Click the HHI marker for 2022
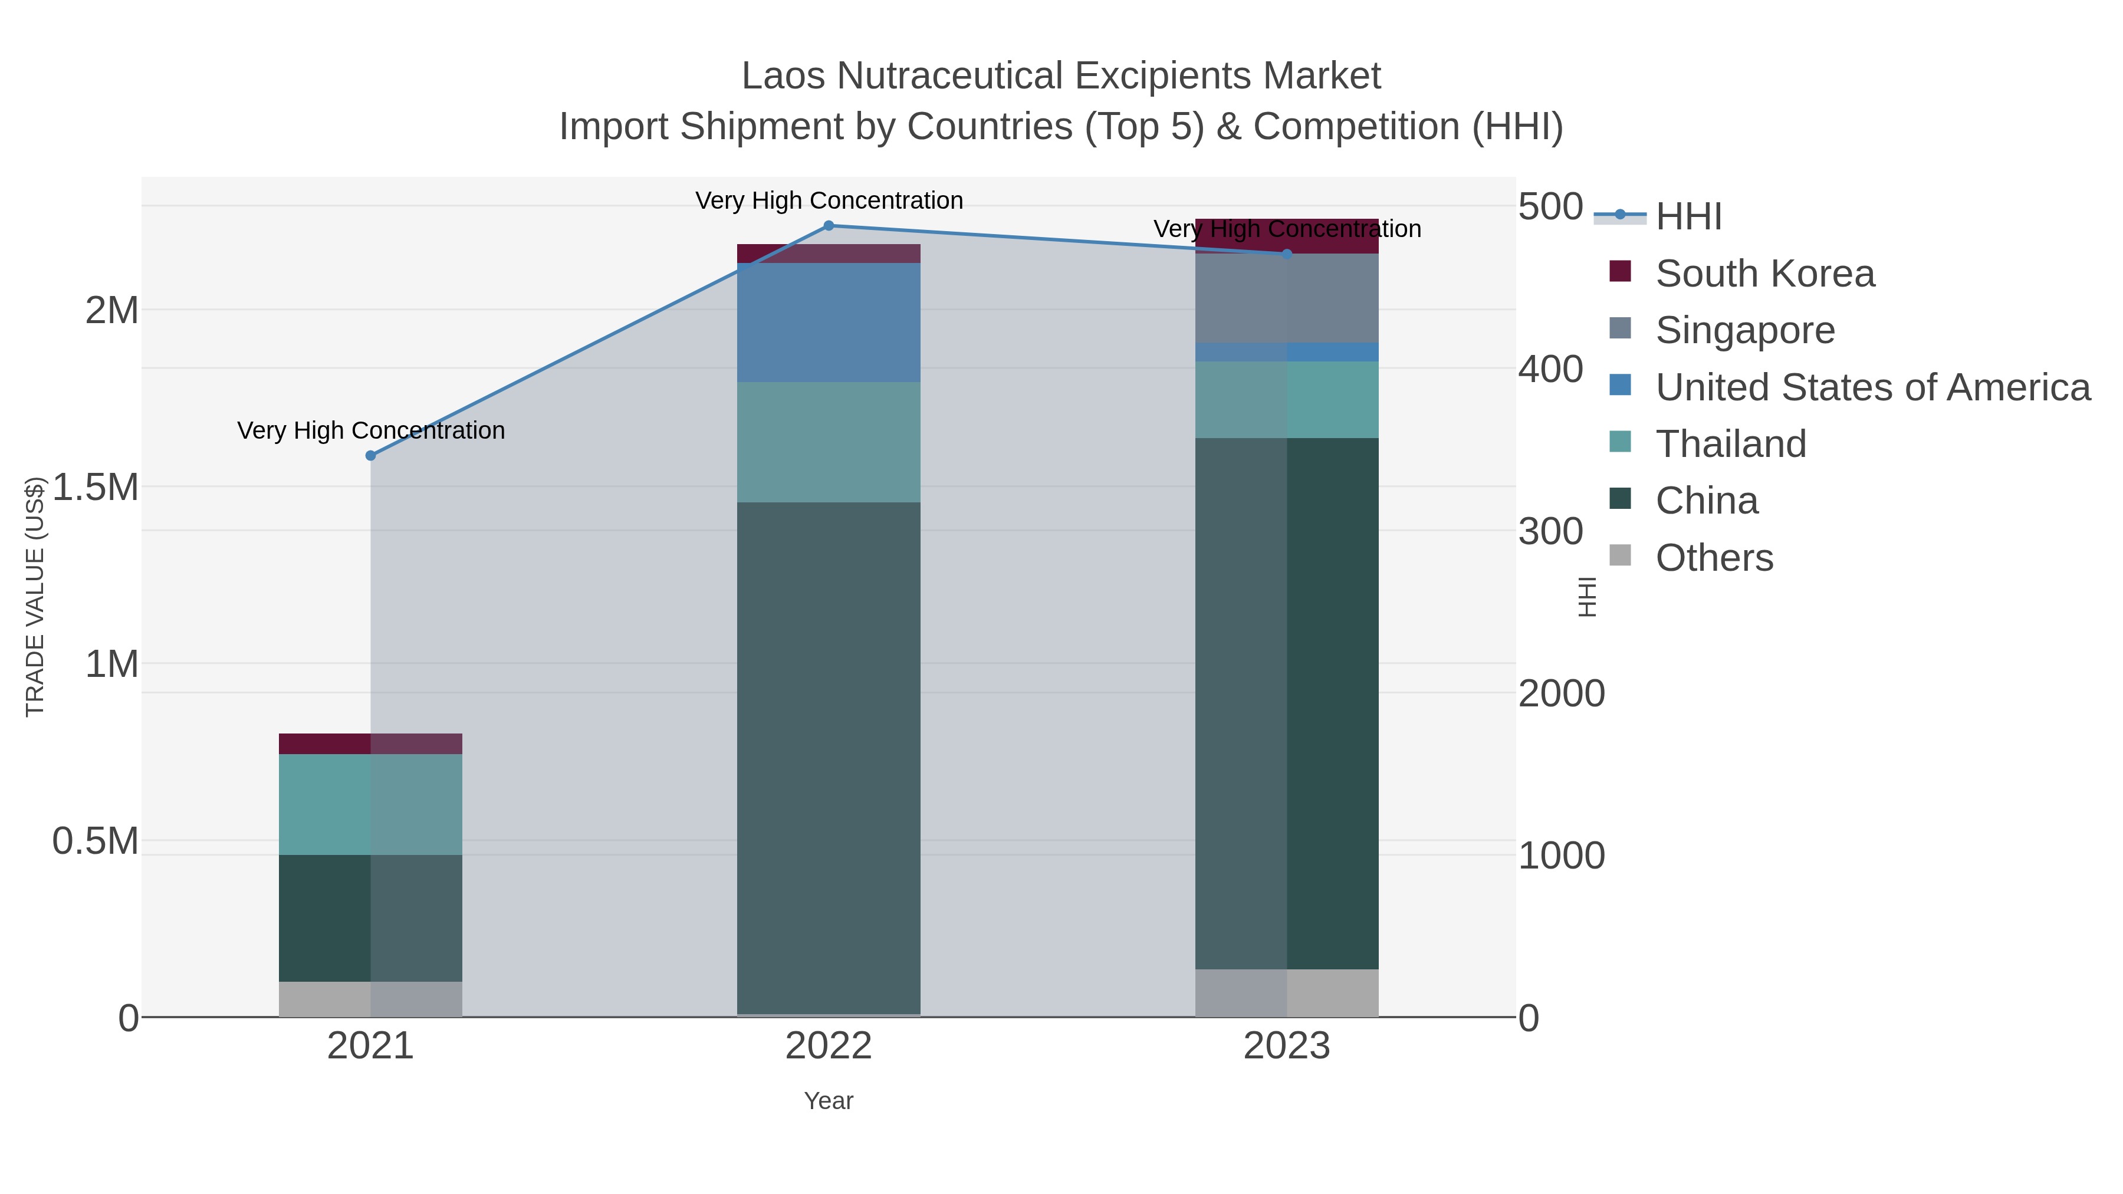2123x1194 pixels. tap(829, 226)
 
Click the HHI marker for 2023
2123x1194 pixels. tap(1287, 254)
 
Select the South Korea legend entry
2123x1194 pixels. tap(1764, 274)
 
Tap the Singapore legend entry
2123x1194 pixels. tap(1745, 330)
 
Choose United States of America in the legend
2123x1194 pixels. tap(1872, 387)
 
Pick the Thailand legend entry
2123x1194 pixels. tap(1731, 444)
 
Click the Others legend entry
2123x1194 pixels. tap(1714, 558)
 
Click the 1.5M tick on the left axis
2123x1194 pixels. tap(96, 487)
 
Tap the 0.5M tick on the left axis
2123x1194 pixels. tap(96, 841)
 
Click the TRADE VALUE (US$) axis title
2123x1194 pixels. tap(35, 597)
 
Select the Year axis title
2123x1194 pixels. tap(829, 1101)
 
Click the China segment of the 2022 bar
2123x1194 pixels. tap(829, 758)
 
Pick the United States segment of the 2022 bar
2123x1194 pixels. tap(829, 322)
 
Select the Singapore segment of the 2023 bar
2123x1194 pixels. tap(1287, 298)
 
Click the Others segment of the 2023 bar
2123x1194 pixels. tap(1287, 993)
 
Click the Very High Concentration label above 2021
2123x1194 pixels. tap(371, 431)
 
